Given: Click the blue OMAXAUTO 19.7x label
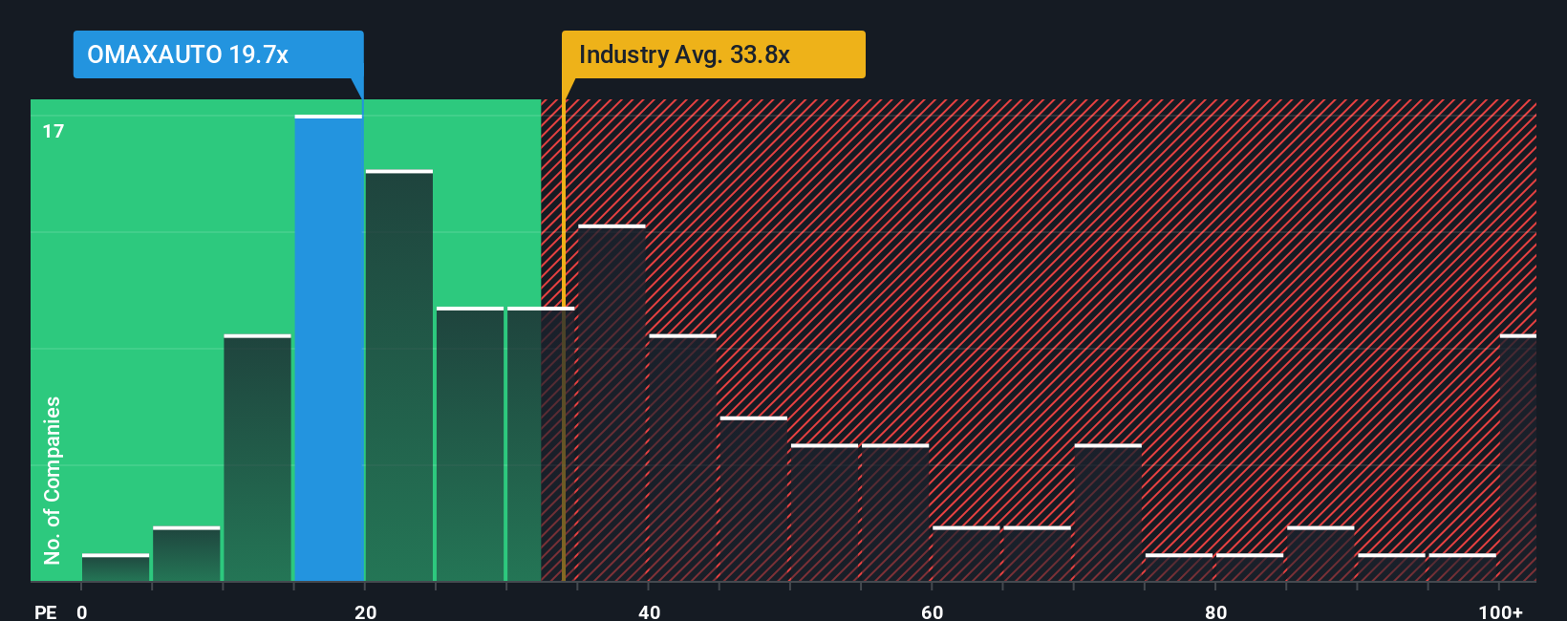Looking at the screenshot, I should coord(218,54).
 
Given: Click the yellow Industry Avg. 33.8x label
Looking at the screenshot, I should coord(713,54).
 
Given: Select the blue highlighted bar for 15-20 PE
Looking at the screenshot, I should coord(329,349).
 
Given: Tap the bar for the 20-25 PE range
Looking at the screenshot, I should coord(399,375).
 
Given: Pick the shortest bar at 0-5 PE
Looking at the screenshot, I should coord(116,567).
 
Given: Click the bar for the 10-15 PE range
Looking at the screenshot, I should coord(258,459).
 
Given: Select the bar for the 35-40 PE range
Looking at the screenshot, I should coord(612,403).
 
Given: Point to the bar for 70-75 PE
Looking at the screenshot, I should coord(1108,513).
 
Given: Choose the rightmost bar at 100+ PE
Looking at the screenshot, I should coord(1517,459).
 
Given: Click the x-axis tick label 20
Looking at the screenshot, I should coord(365,611).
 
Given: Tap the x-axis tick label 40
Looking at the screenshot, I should coord(649,611).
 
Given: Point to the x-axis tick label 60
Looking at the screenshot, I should coord(933,611).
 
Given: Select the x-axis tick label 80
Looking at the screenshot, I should coord(1215,611).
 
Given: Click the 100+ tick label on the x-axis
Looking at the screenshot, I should coord(1500,611).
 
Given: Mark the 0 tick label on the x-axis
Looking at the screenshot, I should coord(82,611).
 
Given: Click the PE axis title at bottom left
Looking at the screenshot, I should coord(45,611).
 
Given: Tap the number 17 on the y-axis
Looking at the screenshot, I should coord(54,131).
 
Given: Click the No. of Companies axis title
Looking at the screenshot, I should coord(53,480).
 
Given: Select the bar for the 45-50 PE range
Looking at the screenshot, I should coord(754,500).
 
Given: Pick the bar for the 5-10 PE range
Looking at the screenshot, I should coord(186,554).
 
